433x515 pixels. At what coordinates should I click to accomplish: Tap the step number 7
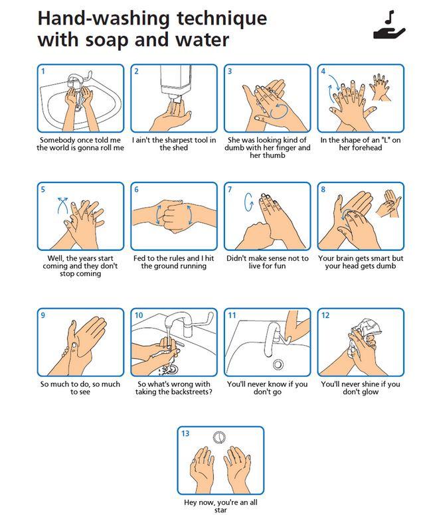(x=230, y=190)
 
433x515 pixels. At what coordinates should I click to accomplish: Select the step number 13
(x=185, y=433)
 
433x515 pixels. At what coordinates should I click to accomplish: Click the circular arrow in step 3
(x=279, y=110)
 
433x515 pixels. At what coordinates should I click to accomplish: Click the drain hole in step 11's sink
(x=278, y=364)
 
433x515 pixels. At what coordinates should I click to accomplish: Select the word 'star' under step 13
(x=220, y=510)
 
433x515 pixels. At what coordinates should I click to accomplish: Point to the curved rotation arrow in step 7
(x=248, y=202)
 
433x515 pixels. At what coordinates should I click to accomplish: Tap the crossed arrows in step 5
(x=63, y=205)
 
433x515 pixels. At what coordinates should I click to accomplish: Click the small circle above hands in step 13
(x=219, y=437)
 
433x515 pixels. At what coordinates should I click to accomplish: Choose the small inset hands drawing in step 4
(x=381, y=88)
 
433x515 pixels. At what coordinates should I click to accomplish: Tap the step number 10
(x=139, y=315)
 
